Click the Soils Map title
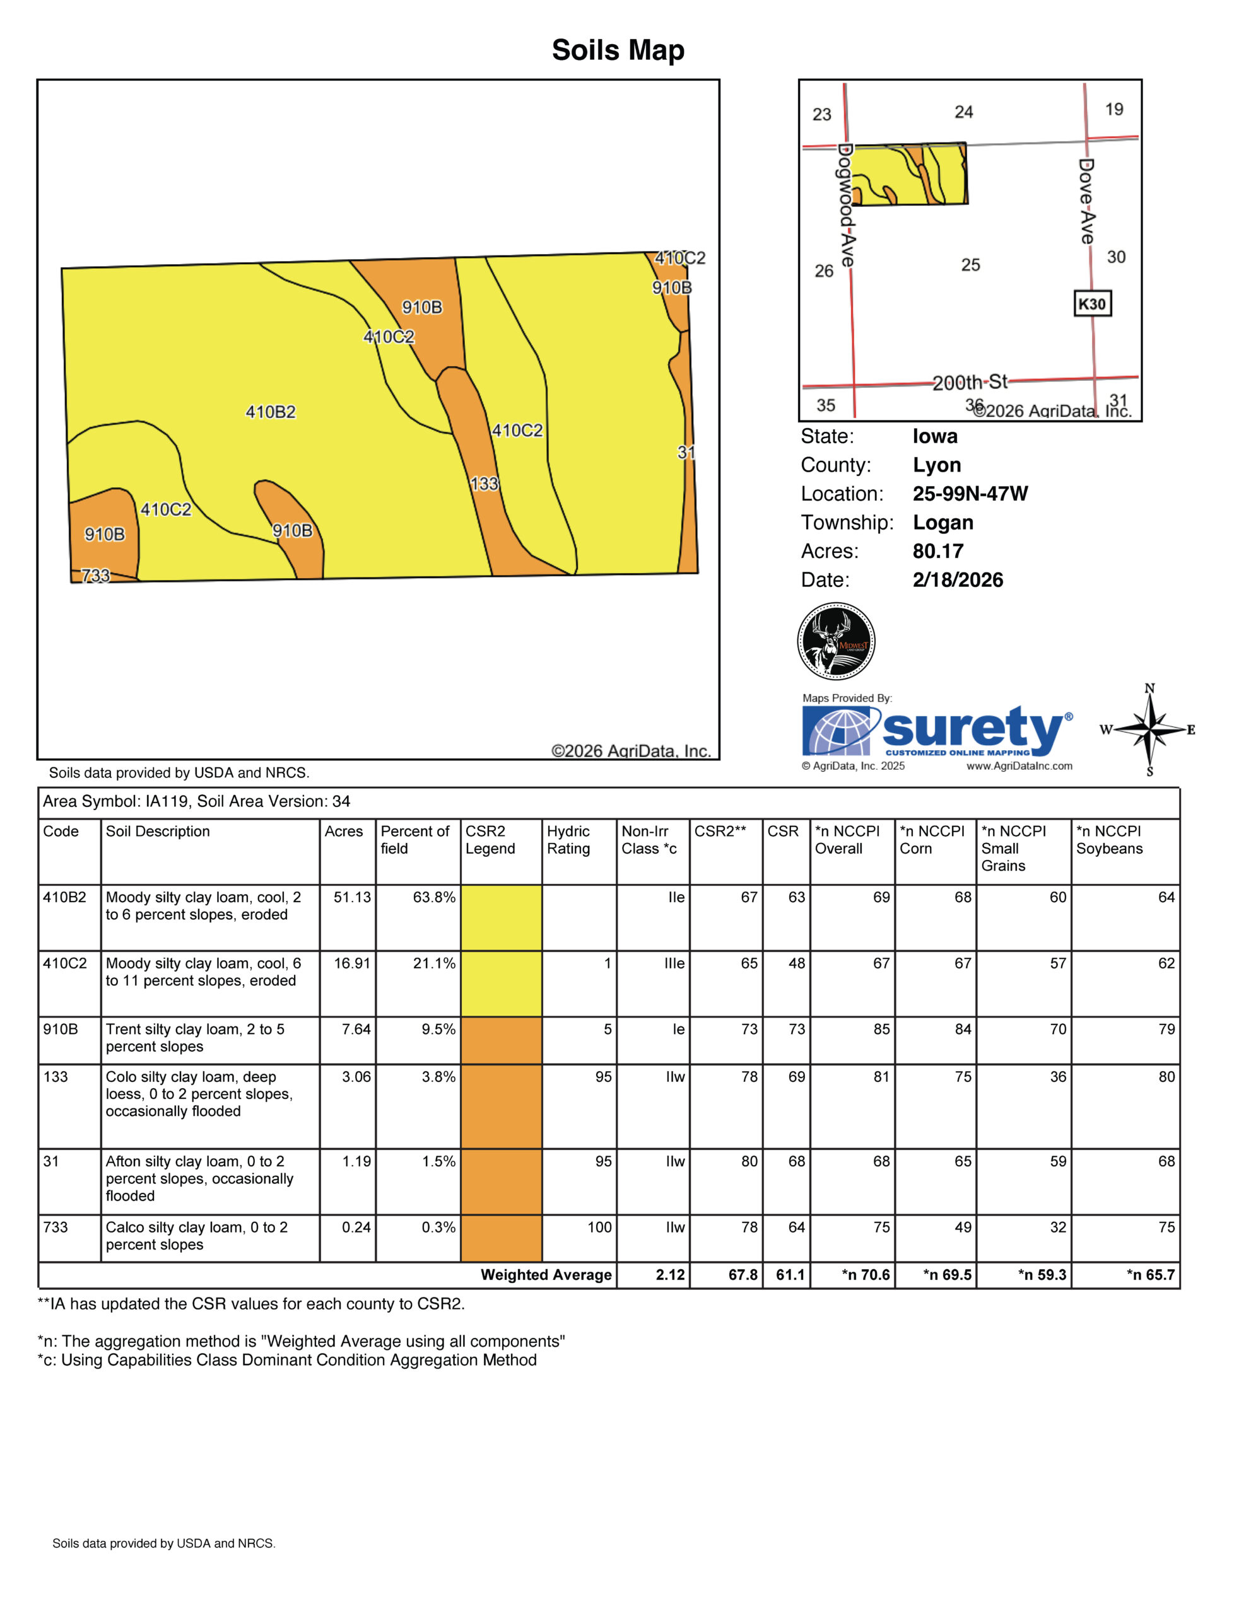(x=618, y=50)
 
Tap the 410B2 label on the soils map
(x=271, y=412)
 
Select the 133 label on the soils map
(x=485, y=484)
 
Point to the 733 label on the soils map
(x=95, y=575)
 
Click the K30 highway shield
(x=1092, y=304)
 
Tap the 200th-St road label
(x=970, y=382)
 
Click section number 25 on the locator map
(x=970, y=265)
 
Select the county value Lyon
(x=937, y=465)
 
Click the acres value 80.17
(x=937, y=551)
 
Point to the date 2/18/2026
(x=958, y=580)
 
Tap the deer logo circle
(x=837, y=641)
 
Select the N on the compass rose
(x=1149, y=688)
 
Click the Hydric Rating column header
(x=568, y=840)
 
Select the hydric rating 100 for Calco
(x=599, y=1228)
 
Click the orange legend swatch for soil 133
(x=502, y=1106)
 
